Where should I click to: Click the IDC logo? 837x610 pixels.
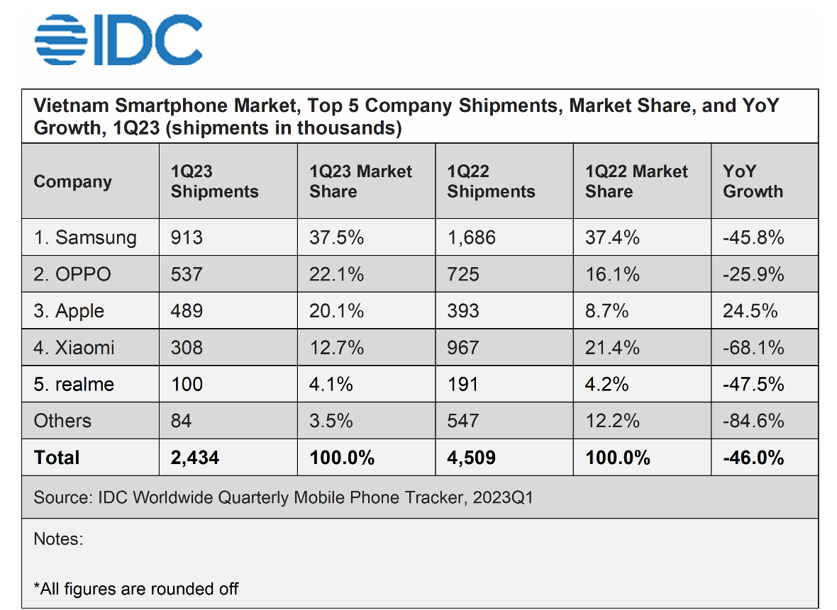click(118, 40)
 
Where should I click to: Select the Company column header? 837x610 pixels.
click(72, 182)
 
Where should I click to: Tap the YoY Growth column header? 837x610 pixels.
click(753, 181)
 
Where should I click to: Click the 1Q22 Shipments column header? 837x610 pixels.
click(491, 181)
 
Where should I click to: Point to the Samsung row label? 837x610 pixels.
click(85, 237)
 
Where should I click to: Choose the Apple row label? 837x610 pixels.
click(69, 311)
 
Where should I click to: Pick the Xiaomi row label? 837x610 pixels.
click(74, 348)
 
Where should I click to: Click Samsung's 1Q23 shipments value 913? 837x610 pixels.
click(187, 237)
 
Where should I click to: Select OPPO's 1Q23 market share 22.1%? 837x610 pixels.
click(336, 274)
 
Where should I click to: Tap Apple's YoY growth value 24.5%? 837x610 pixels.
click(750, 311)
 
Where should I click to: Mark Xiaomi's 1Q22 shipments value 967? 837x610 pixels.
click(462, 348)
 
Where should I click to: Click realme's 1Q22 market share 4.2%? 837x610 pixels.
click(606, 385)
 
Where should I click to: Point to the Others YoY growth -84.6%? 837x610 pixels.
click(753, 422)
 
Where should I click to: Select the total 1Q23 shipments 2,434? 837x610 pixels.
click(195, 458)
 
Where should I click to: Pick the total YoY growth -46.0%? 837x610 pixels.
click(753, 458)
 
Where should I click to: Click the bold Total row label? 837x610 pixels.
click(57, 458)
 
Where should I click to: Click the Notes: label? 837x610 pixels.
click(58, 539)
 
